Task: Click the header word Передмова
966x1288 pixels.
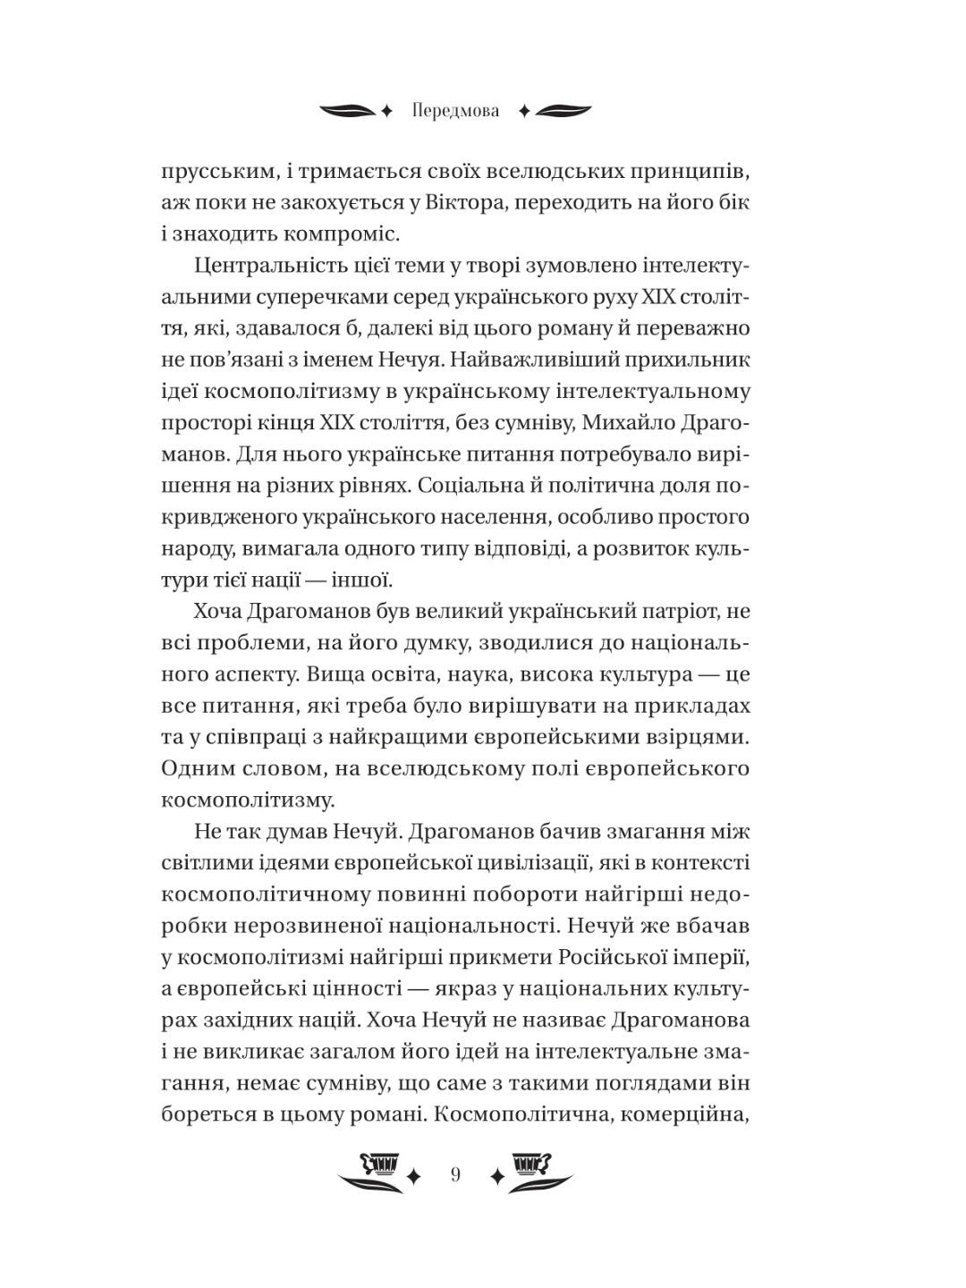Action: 456,111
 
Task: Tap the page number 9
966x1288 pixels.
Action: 456,1175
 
